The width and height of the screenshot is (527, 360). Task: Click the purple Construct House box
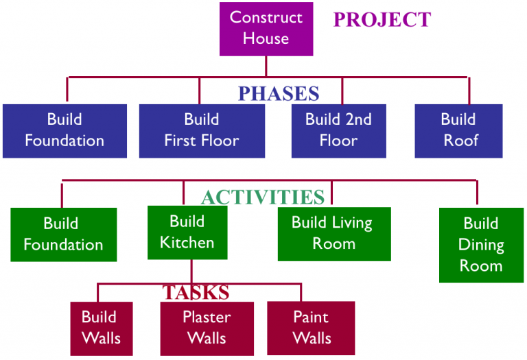(266, 28)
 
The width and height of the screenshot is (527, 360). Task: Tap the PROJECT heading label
(382, 19)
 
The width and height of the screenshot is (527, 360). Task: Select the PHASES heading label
(279, 93)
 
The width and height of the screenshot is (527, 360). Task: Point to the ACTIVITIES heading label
(262, 197)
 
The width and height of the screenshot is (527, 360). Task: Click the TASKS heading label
(196, 292)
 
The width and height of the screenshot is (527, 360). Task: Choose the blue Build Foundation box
(65, 130)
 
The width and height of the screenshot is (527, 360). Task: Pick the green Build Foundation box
(63, 235)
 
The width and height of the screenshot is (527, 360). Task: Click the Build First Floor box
(202, 130)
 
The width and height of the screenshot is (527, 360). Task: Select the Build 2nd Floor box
(338, 130)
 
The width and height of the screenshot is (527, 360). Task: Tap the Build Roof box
(458, 130)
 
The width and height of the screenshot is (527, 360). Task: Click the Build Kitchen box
(187, 232)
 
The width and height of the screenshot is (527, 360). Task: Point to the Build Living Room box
(333, 233)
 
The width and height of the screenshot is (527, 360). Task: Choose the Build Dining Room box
(480, 245)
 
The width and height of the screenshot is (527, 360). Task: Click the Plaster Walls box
(207, 328)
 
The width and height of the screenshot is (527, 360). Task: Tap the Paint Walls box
(311, 328)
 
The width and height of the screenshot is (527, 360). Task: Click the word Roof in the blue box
(460, 141)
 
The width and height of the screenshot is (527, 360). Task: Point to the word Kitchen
(187, 242)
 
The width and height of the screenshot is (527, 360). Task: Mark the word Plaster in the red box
(207, 317)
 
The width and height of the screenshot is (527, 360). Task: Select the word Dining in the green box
(481, 245)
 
